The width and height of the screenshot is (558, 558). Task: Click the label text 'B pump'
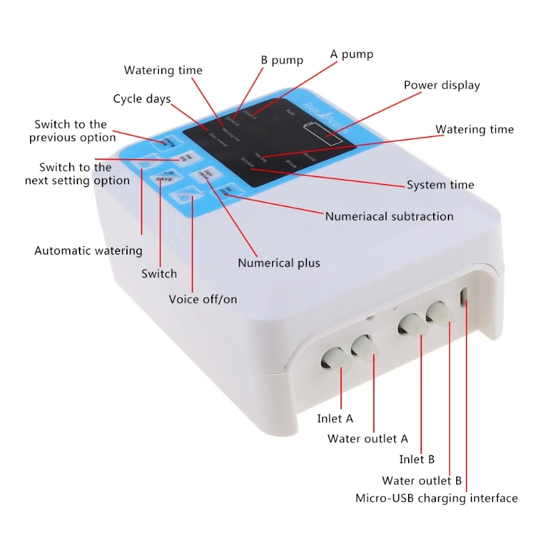click(282, 61)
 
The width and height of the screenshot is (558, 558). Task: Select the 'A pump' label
click(352, 54)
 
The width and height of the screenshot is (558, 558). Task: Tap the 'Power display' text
click(442, 85)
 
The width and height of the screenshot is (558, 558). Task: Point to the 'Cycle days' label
click(142, 99)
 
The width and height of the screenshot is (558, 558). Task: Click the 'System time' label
click(440, 185)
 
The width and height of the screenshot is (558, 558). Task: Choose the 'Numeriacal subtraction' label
click(389, 216)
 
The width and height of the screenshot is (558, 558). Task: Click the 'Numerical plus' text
click(279, 263)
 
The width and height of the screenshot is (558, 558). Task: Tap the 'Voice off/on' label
click(203, 299)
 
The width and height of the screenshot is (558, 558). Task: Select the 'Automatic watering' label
click(89, 250)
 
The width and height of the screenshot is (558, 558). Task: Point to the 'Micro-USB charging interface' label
click(437, 498)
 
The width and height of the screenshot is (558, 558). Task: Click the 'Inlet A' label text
click(335, 418)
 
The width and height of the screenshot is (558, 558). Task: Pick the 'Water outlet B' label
click(422, 481)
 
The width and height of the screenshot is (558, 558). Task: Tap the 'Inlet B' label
click(417, 459)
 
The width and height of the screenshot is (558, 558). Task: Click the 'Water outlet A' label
click(368, 439)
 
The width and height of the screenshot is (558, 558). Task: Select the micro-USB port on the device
click(463, 296)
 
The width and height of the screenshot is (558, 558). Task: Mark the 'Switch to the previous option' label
click(73, 131)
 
